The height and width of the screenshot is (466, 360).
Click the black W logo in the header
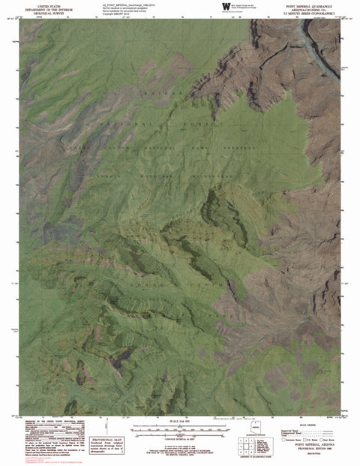point(226,6)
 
